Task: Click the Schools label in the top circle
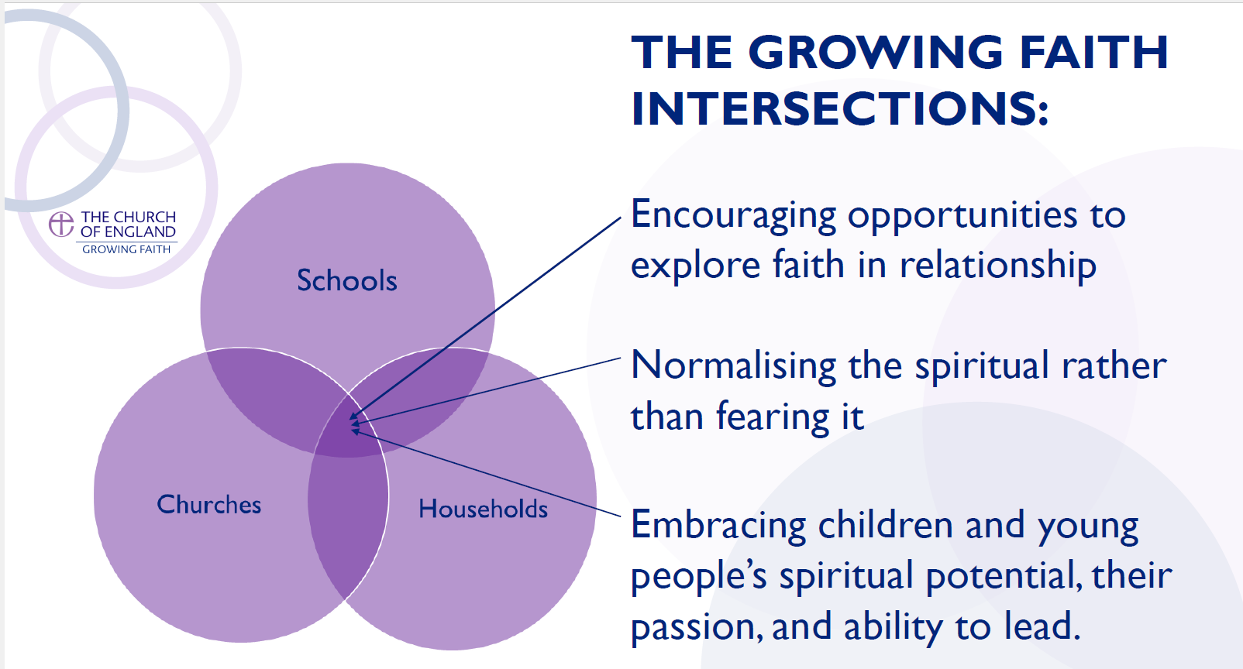[346, 280]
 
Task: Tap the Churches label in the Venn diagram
[208, 505]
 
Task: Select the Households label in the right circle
[483, 509]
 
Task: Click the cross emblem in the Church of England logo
[61, 224]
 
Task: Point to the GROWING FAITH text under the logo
[126, 249]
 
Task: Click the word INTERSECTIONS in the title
[839, 108]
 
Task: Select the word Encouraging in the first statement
[733, 215]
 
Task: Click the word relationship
[997, 266]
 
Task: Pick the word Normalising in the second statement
[734, 365]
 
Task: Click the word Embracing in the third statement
[718, 525]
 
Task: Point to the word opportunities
[962, 215]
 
